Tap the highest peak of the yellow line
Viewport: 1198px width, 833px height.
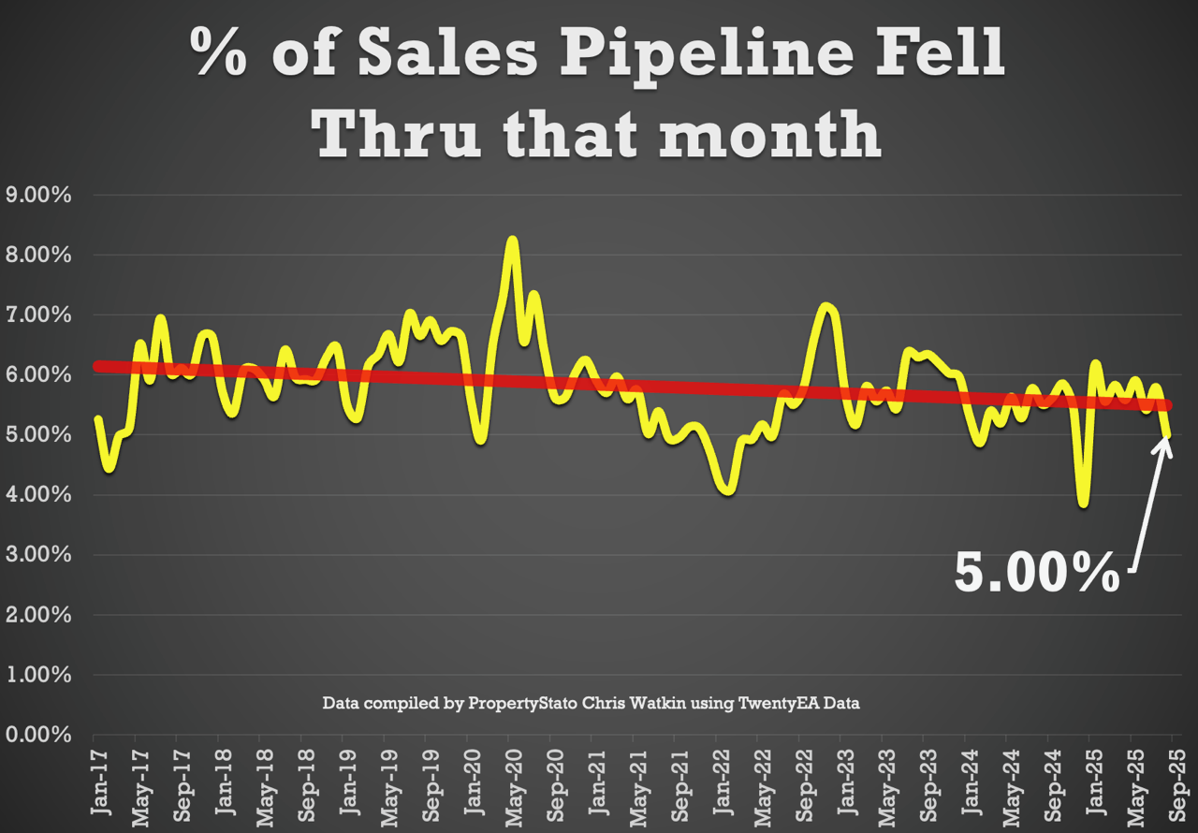click(x=512, y=240)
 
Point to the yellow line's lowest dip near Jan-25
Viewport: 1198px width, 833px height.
click(x=1083, y=504)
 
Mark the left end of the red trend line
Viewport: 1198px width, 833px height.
click(x=96, y=366)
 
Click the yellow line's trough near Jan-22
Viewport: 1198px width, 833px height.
click(x=727, y=490)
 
